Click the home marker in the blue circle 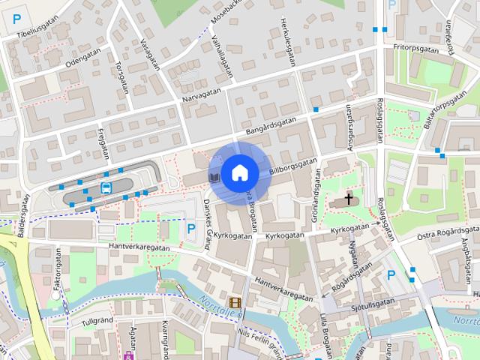click(239, 172)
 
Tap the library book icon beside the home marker click(214, 177)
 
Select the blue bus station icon click(106, 187)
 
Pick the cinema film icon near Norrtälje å click(235, 303)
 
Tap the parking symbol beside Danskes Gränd click(191, 226)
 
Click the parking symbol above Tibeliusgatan click(17, 19)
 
